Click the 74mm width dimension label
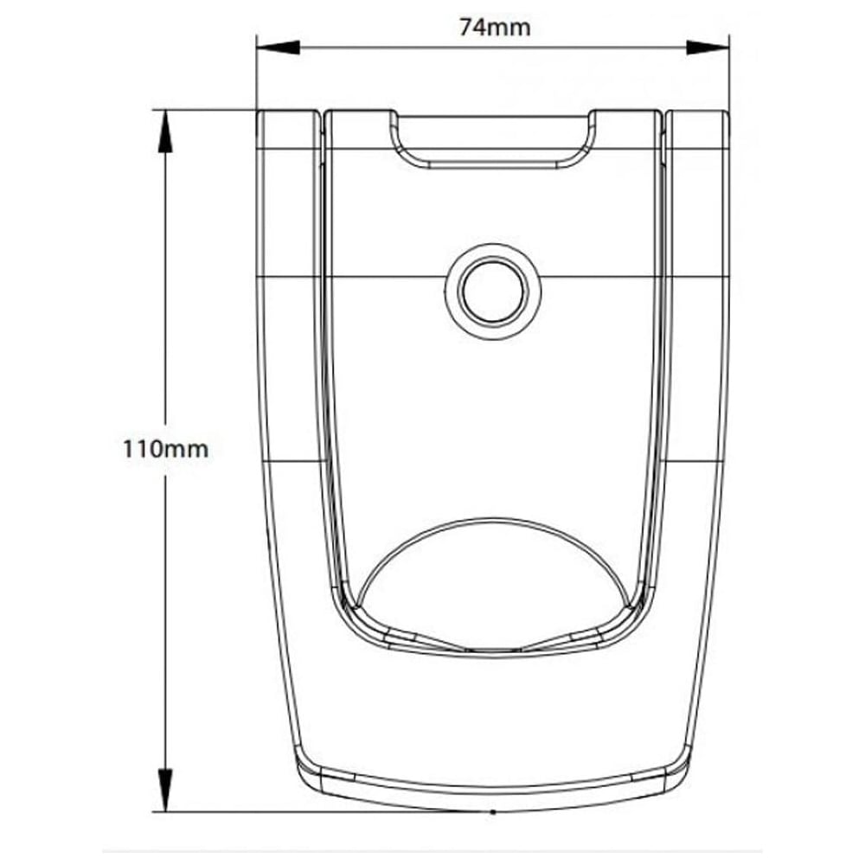(495, 27)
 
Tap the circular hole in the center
(494, 291)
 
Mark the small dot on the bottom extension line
(492, 812)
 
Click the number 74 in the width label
(474, 27)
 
